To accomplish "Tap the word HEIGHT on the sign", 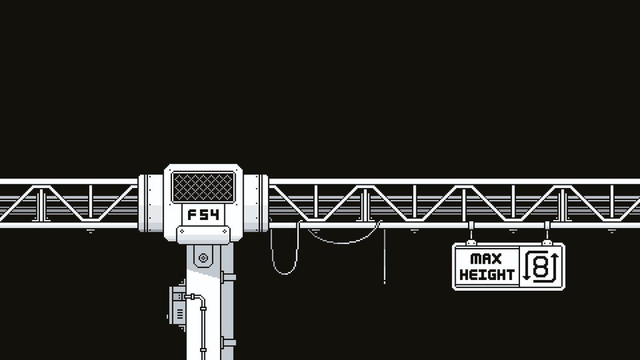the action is pos(487,274).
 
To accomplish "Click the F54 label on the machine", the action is pos(203,216).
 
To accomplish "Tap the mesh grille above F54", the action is pos(203,187).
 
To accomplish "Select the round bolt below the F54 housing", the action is pos(202,256).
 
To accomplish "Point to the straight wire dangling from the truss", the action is pos(384,256).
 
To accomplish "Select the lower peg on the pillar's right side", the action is pos(228,342).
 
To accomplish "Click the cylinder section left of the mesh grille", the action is pos(151,203).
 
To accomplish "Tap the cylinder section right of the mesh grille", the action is pos(256,203).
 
